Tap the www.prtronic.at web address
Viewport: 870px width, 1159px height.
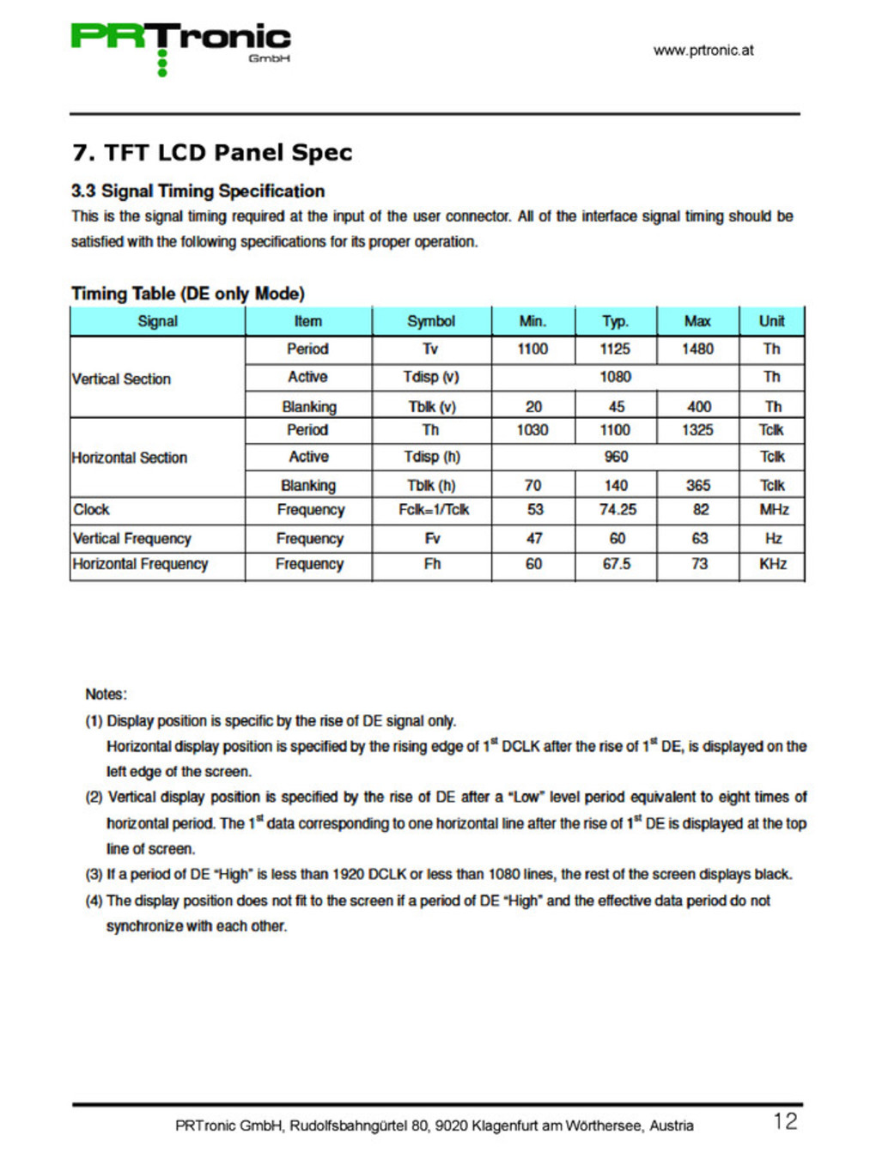703,50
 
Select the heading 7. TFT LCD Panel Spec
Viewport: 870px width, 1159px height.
212,153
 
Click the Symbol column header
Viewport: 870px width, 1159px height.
431,321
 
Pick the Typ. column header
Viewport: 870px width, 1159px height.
615,321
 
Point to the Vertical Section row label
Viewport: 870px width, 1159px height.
121,379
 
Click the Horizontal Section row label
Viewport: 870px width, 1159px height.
129,458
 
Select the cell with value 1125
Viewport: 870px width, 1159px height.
615,349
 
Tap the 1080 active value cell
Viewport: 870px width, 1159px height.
615,377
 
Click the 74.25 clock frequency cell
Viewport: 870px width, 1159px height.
618,509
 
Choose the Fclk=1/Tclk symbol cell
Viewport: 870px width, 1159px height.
434,509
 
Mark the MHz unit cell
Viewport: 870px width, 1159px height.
773,509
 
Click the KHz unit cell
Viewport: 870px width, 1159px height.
773,564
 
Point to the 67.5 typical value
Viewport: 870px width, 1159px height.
617,564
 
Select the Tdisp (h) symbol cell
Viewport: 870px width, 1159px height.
432,457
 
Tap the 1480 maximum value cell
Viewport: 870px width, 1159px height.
697,349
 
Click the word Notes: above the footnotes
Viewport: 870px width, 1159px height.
106,694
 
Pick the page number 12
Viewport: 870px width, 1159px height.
785,1121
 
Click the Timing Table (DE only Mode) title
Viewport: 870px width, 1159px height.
187,294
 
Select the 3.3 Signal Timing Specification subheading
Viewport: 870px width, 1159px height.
198,191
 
